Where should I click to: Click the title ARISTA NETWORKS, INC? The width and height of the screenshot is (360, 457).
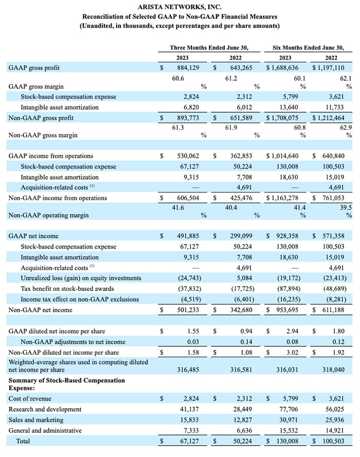[x=179, y=7]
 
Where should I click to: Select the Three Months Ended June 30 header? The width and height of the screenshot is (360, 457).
[x=209, y=47]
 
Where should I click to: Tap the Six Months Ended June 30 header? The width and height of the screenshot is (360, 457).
[x=308, y=47]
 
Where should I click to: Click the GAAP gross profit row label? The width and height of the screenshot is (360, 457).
[x=34, y=68]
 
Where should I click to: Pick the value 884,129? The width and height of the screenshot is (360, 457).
[x=188, y=67]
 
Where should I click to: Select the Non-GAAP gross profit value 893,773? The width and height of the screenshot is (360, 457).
[x=188, y=118]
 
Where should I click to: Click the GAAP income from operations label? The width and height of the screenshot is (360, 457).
[x=51, y=156]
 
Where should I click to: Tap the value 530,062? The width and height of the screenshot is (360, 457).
[x=188, y=156]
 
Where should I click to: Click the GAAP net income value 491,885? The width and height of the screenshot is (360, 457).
[x=188, y=236]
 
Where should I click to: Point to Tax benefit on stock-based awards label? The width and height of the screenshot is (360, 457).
[x=67, y=289]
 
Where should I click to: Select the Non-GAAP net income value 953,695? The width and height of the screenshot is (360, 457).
[x=287, y=310]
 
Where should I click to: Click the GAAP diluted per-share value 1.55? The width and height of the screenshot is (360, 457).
[x=193, y=331]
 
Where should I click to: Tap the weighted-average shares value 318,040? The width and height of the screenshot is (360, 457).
[x=333, y=370]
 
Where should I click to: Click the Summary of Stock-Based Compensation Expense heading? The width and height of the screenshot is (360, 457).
[x=67, y=384]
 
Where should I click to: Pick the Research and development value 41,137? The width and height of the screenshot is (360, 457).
[x=189, y=409]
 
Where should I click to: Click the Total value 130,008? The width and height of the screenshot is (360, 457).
[x=287, y=441]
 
